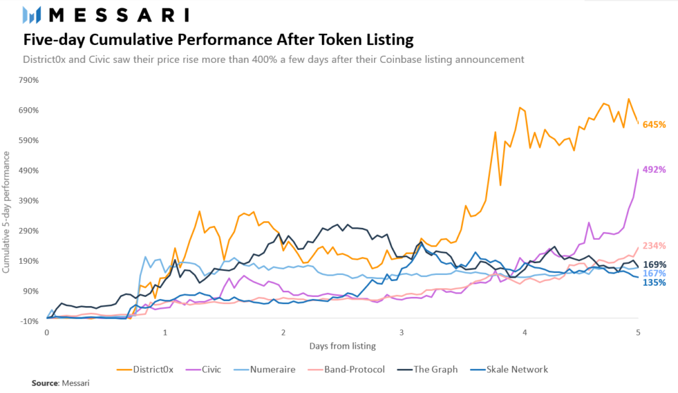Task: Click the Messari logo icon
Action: [32, 15]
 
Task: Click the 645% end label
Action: [654, 125]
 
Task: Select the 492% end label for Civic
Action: [654, 170]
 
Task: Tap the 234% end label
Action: [654, 246]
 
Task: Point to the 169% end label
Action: [654, 264]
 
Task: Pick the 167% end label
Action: [654, 274]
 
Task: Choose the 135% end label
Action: [654, 283]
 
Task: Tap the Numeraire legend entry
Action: [272, 369]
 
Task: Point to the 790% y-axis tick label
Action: [29, 80]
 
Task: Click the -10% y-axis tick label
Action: [29, 321]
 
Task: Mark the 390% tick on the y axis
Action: [29, 201]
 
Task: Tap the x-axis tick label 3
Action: [401, 332]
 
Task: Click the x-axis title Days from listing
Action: [342, 346]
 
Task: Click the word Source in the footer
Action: [44, 383]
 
